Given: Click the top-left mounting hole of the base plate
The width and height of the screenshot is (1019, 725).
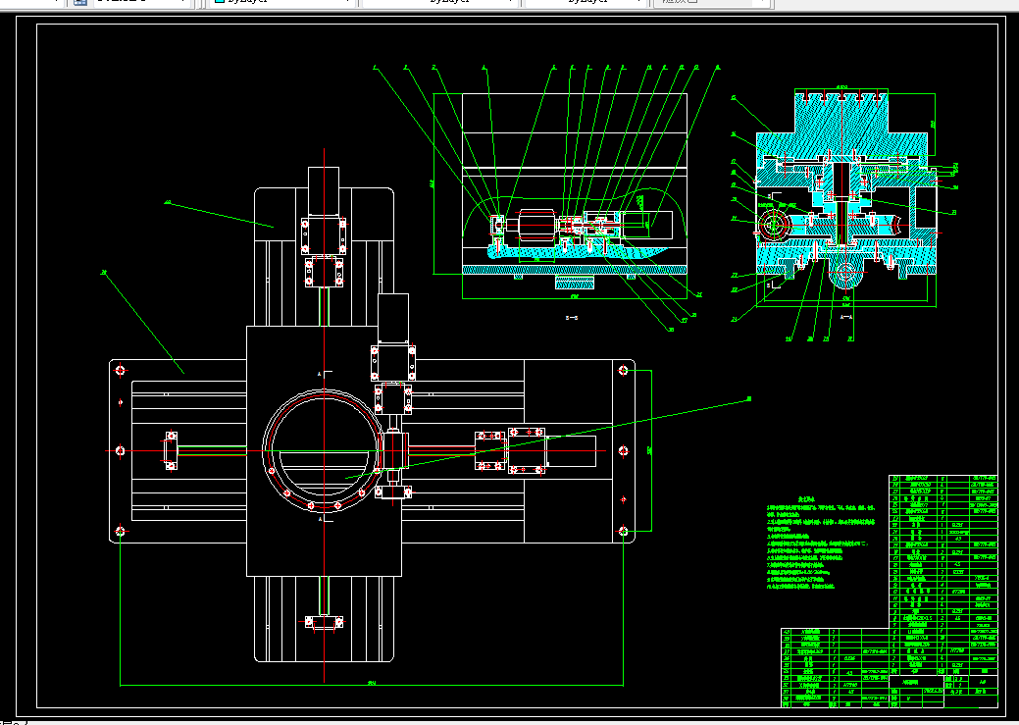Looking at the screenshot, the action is [x=120, y=370].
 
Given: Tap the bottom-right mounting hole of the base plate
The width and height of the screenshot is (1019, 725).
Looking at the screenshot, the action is [x=624, y=531].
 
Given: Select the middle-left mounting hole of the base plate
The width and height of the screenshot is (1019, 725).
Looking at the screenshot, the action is [x=120, y=450].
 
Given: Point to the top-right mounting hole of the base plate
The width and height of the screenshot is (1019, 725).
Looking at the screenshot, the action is [x=624, y=370].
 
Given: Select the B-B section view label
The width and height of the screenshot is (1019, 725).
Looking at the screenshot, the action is [x=572, y=318].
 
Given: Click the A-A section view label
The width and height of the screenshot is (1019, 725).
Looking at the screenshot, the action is [x=846, y=317].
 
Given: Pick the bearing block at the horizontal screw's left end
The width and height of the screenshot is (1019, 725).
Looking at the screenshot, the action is [x=171, y=450].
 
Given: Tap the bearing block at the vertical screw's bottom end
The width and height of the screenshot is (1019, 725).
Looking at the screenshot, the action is [x=324, y=621].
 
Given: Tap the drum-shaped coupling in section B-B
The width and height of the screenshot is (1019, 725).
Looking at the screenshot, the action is [x=535, y=227].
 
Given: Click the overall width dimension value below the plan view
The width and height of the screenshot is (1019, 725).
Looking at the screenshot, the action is [x=372, y=682].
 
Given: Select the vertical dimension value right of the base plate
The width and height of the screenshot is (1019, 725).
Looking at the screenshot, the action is [x=650, y=450].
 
